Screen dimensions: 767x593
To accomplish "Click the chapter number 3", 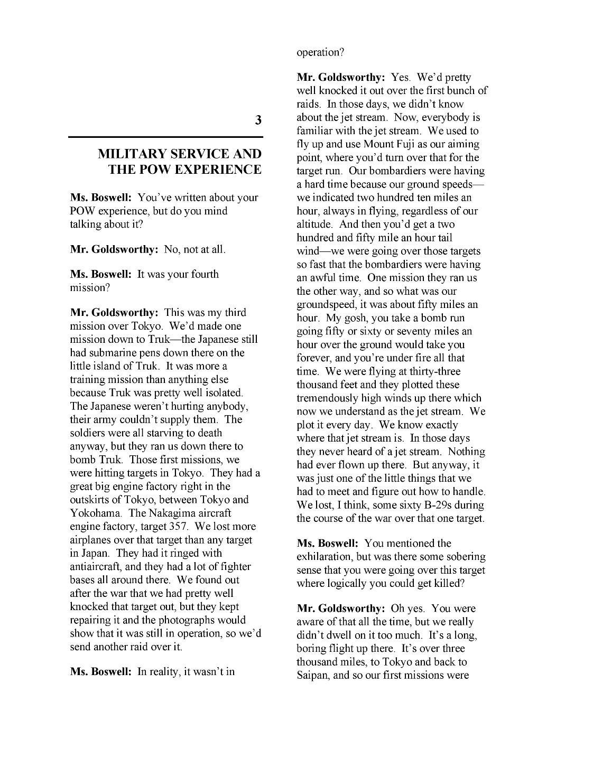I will (258, 120).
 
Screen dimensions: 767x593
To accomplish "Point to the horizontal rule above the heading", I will (165, 137).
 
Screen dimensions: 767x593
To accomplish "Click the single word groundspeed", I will (325, 305).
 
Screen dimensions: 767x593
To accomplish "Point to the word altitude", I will (313, 225).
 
